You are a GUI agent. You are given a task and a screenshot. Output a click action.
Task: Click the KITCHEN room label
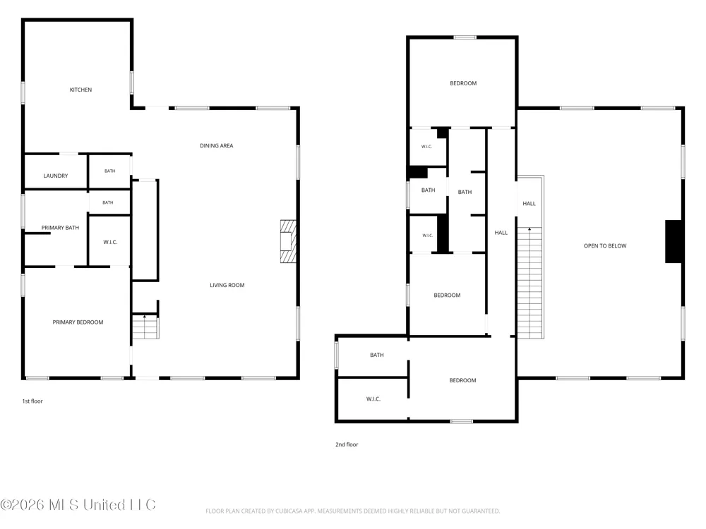[x=80, y=90]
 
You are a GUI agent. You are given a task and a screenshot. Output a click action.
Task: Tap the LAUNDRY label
[x=56, y=176]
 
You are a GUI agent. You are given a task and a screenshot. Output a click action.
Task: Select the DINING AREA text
[x=217, y=146]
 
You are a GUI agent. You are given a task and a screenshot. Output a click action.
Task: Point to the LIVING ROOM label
[x=227, y=285]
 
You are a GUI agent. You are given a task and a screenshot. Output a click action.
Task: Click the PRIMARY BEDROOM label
[x=78, y=322]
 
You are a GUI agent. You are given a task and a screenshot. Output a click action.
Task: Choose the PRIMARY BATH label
[x=60, y=228]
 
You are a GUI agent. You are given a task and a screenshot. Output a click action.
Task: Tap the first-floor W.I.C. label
[x=110, y=242]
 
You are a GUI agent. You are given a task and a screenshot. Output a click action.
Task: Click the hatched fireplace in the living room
[x=288, y=241]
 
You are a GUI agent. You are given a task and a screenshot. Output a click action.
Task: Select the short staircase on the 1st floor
[x=145, y=327]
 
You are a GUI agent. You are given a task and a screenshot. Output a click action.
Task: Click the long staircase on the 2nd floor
[x=530, y=283]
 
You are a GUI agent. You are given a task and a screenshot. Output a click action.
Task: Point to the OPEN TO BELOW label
[x=605, y=246]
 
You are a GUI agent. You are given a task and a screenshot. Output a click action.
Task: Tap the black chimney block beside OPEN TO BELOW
[x=674, y=241]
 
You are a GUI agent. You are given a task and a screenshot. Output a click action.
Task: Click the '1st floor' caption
[x=32, y=401]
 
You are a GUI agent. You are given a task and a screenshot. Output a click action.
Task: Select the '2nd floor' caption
[x=347, y=444]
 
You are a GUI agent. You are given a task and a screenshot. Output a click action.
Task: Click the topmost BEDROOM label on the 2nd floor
[x=463, y=83]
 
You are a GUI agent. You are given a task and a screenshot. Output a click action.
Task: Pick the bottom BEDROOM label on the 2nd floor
[x=463, y=381]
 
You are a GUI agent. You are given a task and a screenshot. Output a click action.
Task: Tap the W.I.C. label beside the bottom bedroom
[x=373, y=399]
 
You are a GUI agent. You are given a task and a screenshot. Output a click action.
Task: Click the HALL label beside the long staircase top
[x=529, y=204]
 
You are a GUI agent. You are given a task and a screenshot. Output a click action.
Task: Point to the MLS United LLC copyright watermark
[x=78, y=505]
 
